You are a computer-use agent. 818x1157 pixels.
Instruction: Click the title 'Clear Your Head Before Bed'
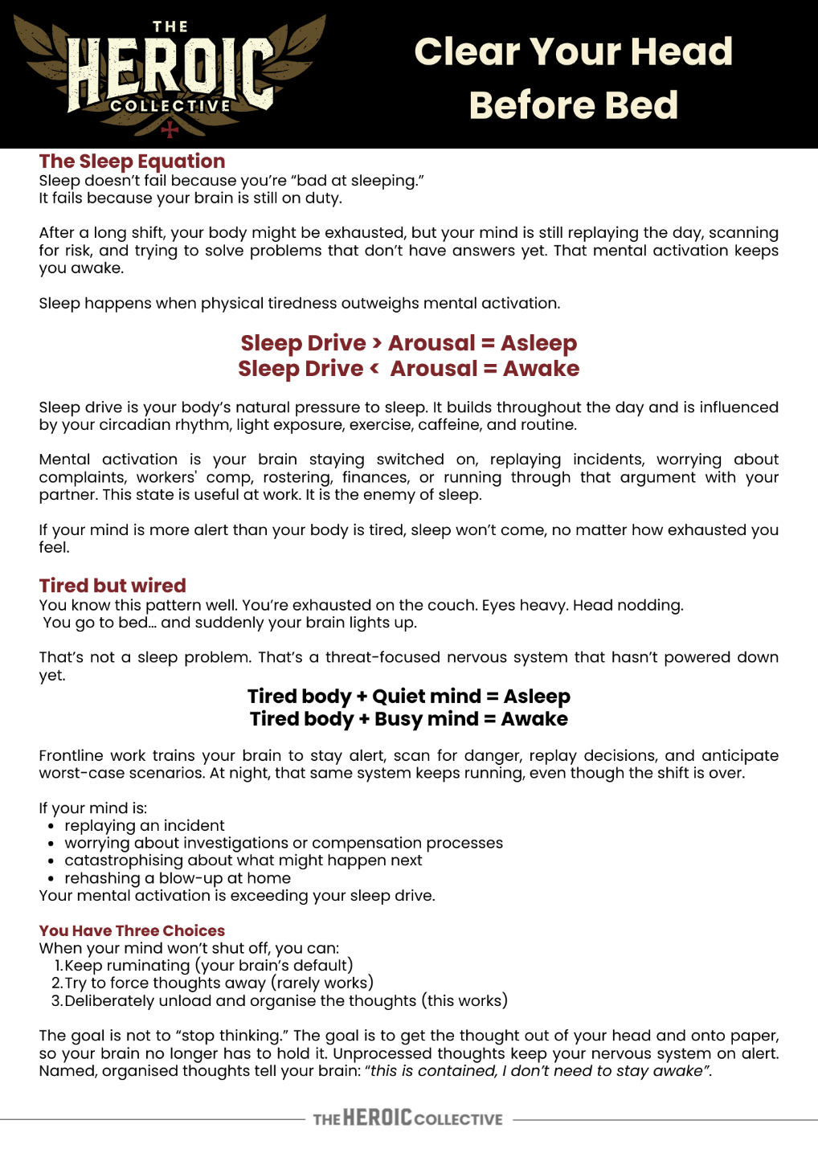pyautogui.click(x=573, y=78)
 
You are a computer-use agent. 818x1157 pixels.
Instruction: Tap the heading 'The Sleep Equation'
pyautogui.click(x=132, y=161)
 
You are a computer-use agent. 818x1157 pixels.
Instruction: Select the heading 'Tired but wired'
pyautogui.click(x=112, y=586)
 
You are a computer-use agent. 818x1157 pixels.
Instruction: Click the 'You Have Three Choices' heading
pyautogui.click(x=132, y=930)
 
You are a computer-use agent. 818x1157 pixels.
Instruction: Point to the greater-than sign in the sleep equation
pyautogui.click(x=377, y=343)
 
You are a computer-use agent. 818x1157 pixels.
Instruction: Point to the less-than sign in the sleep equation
pyautogui.click(x=375, y=369)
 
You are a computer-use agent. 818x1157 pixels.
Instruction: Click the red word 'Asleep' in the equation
pyautogui.click(x=538, y=343)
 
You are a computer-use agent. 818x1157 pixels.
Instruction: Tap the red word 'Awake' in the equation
pyautogui.click(x=541, y=369)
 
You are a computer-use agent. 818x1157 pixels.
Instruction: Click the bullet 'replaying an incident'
pyautogui.click(x=145, y=825)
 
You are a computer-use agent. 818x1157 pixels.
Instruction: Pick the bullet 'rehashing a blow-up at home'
pyautogui.click(x=178, y=878)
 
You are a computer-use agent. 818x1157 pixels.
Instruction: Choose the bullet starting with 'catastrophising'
pyautogui.click(x=243, y=861)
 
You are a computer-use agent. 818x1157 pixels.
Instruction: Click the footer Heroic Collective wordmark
pyautogui.click(x=407, y=1118)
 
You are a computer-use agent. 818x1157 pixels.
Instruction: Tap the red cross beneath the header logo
pyautogui.click(x=170, y=129)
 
